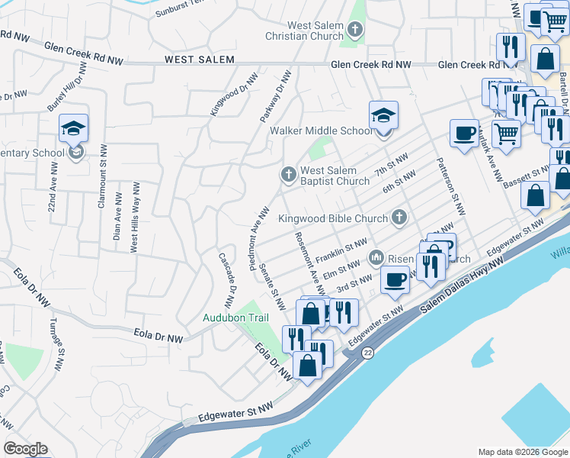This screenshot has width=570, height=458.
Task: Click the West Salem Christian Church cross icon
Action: tap(354, 30)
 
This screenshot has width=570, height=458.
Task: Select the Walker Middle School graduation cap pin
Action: tap(383, 117)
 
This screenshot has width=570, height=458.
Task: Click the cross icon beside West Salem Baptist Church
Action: tap(289, 175)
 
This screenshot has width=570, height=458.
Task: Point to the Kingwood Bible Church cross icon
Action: tap(398, 218)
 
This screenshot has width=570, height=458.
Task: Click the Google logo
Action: tap(25, 449)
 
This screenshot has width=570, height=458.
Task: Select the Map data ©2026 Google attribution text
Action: tap(522, 452)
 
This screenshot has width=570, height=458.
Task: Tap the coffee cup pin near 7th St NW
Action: tap(464, 134)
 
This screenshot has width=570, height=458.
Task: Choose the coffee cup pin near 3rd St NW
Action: tap(394, 280)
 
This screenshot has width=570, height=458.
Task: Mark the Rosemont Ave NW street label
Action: tap(309, 263)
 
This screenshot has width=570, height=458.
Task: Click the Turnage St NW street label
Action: tap(55, 343)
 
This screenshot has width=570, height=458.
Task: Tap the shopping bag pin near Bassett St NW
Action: tap(535, 195)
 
